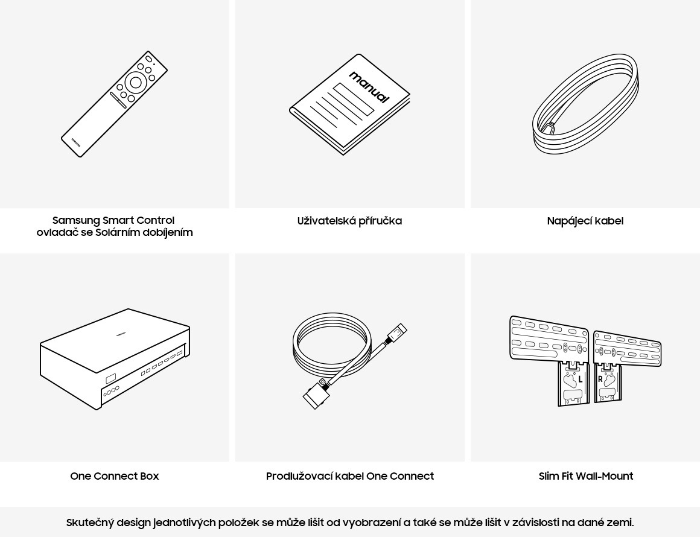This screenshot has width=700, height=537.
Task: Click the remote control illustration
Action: pyautogui.click(x=114, y=104)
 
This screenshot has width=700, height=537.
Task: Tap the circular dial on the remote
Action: pyautogui.click(x=136, y=83)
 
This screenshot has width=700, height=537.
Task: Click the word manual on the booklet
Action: pyautogui.click(x=369, y=87)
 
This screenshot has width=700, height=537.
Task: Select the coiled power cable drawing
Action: pyautogui.click(x=585, y=104)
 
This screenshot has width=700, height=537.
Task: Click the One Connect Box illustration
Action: pyautogui.click(x=115, y=359)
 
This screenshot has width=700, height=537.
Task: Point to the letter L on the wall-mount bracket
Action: pyautogui.click(x=581, y=380)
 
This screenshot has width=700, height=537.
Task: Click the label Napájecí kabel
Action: pyautogui.click(x=585, y=221)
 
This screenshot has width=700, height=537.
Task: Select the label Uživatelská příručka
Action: pyautogui.click(x=349, y=221)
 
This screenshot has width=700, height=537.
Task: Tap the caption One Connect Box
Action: pyautogui.click(x=115, y=476)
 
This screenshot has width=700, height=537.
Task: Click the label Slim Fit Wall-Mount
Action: pyautogui.click(x=586, y=476)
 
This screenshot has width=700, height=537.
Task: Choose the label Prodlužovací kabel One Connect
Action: pyautogui.click(x=350, y=476)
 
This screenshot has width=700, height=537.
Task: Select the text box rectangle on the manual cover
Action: pyautogui.click(x=354, y=99)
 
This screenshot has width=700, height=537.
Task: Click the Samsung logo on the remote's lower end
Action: pyautogui.click(x=77, y=141)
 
